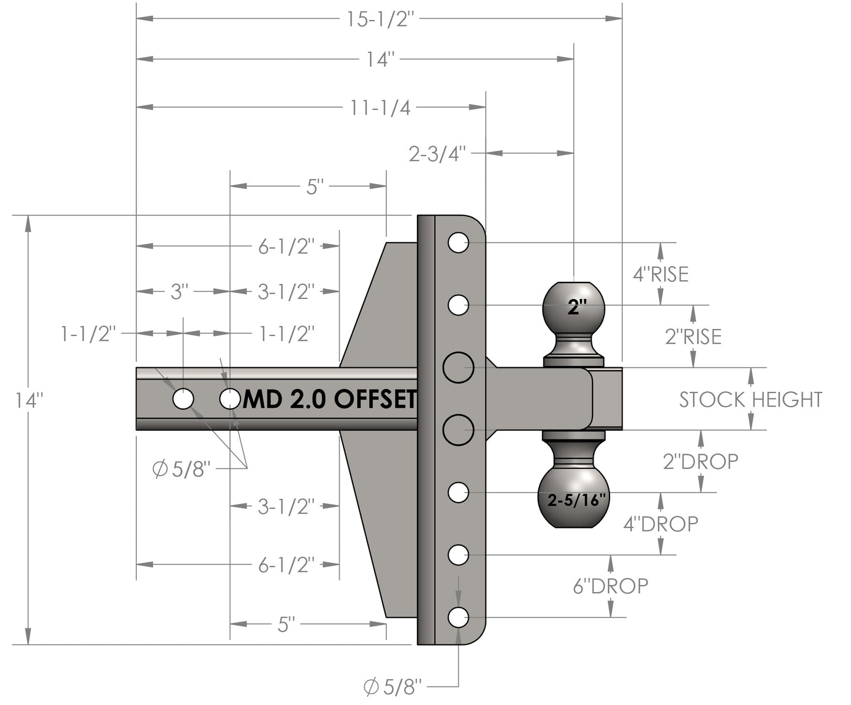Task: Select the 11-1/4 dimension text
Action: coord(380,108)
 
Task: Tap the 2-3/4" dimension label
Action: coord(438,154)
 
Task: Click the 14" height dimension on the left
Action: coord(28,401)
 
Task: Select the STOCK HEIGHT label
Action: coord(750,400)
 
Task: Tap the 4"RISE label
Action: coord(660,274)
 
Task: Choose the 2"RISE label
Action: coord(693,337)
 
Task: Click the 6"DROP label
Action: coord(611,586)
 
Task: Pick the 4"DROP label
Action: coord(661,523)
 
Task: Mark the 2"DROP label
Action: coord(700,461)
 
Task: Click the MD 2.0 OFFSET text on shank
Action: coord(330,400)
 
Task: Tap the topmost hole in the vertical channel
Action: coord(458,242)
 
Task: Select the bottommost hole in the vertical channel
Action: coord(458,617)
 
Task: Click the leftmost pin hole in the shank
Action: coord(183,399)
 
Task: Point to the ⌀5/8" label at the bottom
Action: coord(393,687)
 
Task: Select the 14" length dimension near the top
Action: coord(380,59)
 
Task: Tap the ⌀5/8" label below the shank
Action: coord(181,469)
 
